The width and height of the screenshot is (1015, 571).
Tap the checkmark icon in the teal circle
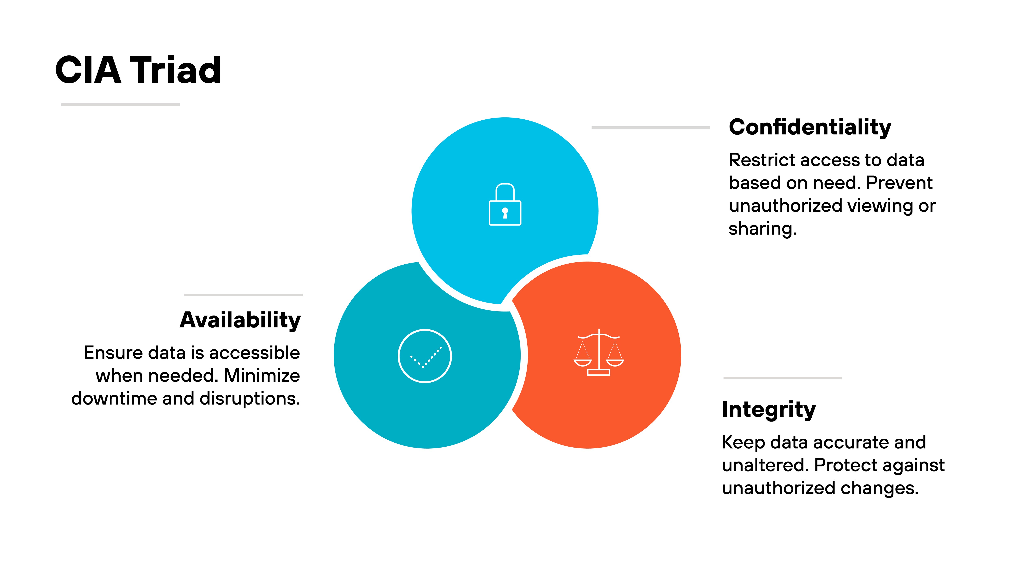[425, 356]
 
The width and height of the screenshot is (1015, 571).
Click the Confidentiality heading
[810, 127]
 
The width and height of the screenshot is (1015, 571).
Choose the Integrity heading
[768, 409]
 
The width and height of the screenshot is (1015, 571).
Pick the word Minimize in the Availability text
[262, 375]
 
